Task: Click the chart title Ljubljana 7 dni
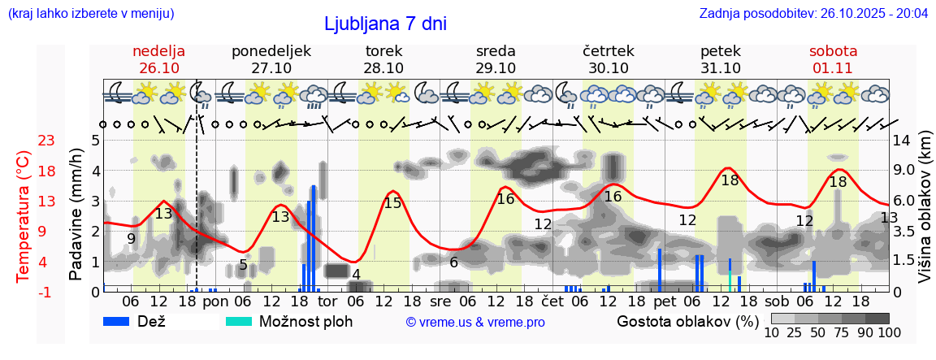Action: [385, 24]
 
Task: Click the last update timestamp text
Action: [813, 14]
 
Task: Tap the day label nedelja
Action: [159, 51]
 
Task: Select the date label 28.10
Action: [383, 68]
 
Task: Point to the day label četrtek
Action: [609, 51]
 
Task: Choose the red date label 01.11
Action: [833, 68]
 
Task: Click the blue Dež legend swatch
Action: [122, 321]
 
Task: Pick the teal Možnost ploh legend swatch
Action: [240, 321]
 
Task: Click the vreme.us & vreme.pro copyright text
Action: [475, 322]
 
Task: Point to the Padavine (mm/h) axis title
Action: [76, 215]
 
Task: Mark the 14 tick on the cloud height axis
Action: [902, 141]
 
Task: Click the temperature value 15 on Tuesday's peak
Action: [393, 203]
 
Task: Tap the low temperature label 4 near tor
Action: [356, 274]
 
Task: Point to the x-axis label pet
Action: [664, 300]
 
